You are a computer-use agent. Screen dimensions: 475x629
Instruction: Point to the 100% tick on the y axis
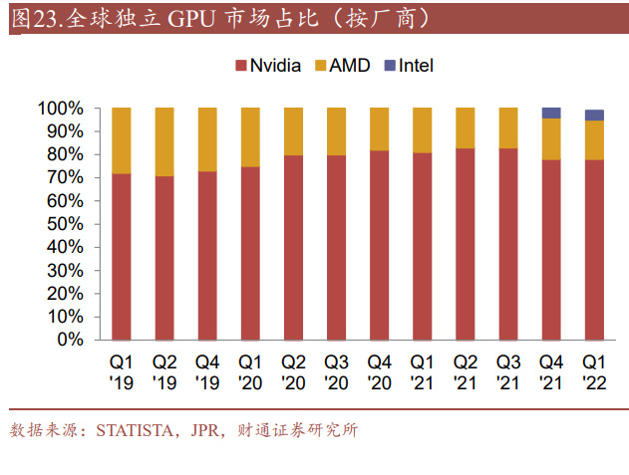pos(62,108)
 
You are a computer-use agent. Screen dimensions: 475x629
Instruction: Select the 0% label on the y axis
pos(70,340)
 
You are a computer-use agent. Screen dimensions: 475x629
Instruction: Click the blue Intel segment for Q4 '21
pos(550,113)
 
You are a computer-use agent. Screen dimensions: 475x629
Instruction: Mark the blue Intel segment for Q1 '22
pos(594,115)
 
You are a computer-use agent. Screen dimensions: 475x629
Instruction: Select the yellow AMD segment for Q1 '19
pos(122,140)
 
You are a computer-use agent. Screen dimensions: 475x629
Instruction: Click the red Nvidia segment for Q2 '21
pos(466,244)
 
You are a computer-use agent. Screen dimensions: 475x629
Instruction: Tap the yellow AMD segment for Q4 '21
pos(550,138)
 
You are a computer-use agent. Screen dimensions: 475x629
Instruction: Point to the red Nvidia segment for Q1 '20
pos(250,253)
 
